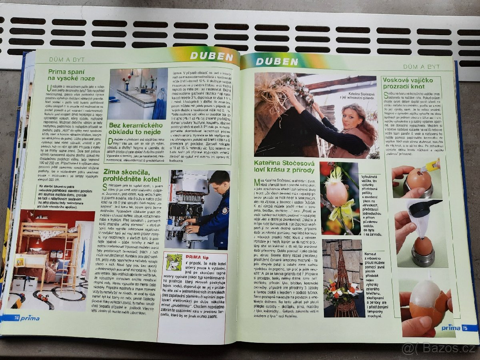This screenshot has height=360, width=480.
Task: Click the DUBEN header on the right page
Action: pos(277,61)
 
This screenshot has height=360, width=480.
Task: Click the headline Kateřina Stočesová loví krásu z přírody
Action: pos(284,166)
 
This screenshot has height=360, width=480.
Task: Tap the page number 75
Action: pos(465,328)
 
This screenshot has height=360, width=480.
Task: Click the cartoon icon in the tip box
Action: pos(174,262)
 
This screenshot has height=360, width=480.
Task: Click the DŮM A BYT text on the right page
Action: pos(421,67)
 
